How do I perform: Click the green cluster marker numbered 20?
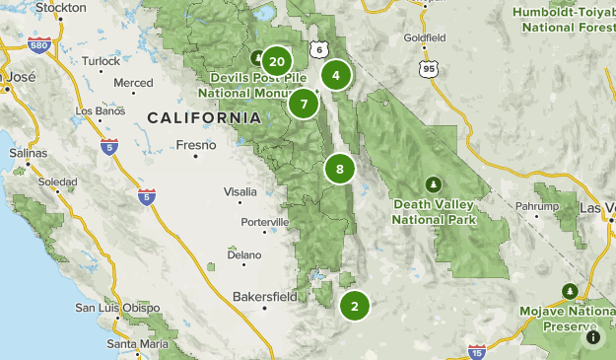(x=277, y=62)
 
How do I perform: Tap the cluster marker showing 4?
(x=337, y=75)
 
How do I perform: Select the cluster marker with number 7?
(x=304, y=103)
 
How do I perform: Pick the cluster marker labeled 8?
(x=340, y=169)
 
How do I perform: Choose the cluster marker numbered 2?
(x=354, y=305)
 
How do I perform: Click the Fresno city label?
(x=195, y=145)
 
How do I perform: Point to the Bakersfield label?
(x=264, y=296)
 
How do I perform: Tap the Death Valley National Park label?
(x=434, y=212)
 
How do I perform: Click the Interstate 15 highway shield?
(x=477, y=351)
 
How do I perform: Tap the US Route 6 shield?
(x=316, y=49)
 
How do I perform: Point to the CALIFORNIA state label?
(x=204, y=117)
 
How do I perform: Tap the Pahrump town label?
(x=536, y=205)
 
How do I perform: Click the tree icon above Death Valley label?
(x=433, y=185)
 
